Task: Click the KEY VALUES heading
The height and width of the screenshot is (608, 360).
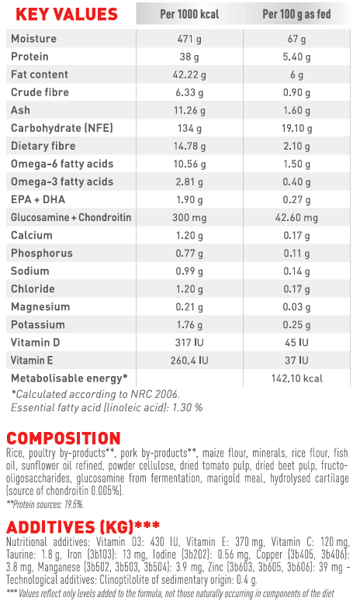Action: point(67,14)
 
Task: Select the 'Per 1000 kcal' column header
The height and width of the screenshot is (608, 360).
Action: point(189,14)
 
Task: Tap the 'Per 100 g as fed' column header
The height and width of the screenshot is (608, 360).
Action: point(296,14)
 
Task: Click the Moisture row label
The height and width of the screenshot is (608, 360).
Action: point(34,39)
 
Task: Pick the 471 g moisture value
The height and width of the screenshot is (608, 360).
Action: point(189,39)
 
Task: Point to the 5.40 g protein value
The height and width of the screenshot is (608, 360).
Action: point(296,57)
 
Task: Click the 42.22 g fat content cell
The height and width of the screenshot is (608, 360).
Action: point(189,74)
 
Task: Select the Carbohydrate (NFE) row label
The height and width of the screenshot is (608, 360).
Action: point(62,128)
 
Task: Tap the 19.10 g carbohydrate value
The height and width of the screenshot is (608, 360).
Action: point(296,128)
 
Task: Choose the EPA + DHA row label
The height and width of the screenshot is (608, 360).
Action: point(38,199)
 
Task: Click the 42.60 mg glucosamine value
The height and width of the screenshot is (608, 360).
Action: point(296,217)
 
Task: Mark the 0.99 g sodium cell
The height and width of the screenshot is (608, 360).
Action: point(189,271)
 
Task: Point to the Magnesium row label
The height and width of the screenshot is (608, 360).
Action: point(40,307)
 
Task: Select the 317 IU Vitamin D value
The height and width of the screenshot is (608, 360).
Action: point(189,343)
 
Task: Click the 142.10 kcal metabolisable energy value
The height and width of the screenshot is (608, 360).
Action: point(296,378)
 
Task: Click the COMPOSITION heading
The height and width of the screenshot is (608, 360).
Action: point(64,439)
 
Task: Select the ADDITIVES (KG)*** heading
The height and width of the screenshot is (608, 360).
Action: point(83,527)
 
